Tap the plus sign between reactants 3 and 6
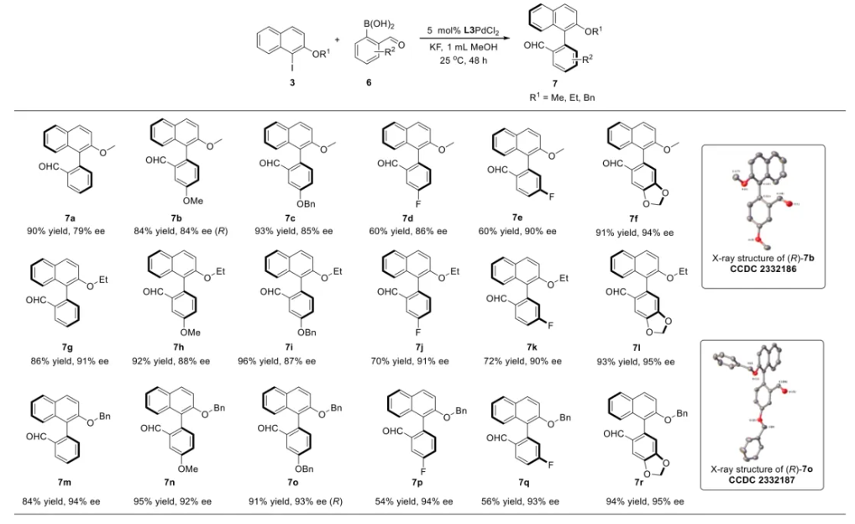(338, 39)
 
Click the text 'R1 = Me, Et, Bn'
(562, 97)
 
